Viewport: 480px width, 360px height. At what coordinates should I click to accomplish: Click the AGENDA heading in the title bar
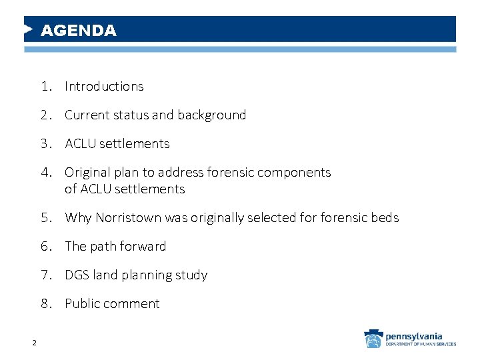pyautogui.click(x=78, y=31)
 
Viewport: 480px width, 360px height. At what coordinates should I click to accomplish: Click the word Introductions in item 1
pyautogui.click(x=104, y=87)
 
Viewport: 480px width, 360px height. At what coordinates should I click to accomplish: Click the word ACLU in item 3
pyautogui.click(x=80, y=144)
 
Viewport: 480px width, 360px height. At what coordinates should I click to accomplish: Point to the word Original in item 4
pyautogui.click(x=87, y=173)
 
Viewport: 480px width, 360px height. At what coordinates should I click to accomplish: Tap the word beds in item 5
pyautogui.click(x=385, y=218)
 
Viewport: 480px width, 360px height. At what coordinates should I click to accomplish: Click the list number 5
pyautogui.click(x=45, y=218)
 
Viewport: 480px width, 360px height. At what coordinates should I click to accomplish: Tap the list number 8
pyautogui.click(x=45, y=304)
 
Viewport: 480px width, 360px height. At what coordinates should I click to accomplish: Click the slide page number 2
pyautogui.click(x=33, y=343)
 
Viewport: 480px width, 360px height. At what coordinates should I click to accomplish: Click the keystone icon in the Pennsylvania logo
pyautogui.click(x=373, y=339)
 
